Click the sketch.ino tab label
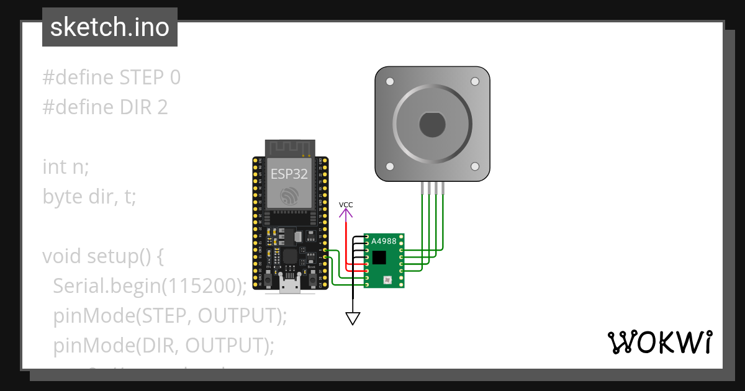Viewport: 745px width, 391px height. pos(110,27)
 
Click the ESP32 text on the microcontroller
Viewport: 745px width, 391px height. pos(289,174)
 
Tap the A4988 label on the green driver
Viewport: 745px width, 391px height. pos(384,240)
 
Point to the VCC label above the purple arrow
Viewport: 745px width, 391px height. pos(346,205)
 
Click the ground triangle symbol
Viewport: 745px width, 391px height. pos(353,318)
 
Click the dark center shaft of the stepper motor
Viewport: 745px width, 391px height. pos(432,125)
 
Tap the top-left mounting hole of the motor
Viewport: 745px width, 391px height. pos(390,82)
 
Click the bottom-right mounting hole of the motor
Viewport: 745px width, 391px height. pos(475,166)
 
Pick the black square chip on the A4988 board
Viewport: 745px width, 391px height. pos(378,257)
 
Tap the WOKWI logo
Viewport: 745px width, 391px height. pos(659,342)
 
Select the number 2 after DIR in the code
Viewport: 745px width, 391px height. pos(162,107)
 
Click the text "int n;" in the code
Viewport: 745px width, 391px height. pos(66,167)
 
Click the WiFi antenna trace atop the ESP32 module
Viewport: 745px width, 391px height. pos(289,148)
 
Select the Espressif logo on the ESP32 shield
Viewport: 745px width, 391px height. pos(289,196)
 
